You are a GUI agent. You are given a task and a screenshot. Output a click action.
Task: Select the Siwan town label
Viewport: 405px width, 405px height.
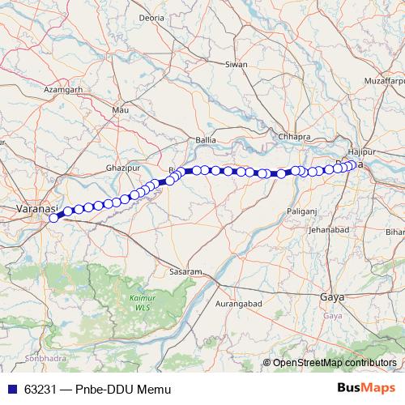[237, 63]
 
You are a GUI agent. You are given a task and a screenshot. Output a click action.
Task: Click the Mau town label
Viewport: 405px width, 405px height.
[122, 109]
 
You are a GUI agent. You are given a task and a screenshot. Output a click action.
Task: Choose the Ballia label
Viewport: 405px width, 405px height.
[206, 140]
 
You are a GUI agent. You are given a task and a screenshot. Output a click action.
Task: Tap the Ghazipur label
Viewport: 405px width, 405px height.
[123, 168]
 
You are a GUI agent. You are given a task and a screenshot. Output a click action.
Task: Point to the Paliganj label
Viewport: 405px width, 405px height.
[302, 211]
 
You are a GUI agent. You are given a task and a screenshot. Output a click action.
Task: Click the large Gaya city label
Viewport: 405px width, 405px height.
[333, 298]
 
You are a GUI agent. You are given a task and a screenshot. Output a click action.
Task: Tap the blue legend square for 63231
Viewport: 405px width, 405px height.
[11, 390]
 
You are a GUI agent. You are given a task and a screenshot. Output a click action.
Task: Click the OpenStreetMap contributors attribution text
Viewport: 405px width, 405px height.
[334, 363]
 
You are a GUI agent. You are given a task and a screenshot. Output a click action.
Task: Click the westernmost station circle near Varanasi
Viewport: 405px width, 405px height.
[54, 217]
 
